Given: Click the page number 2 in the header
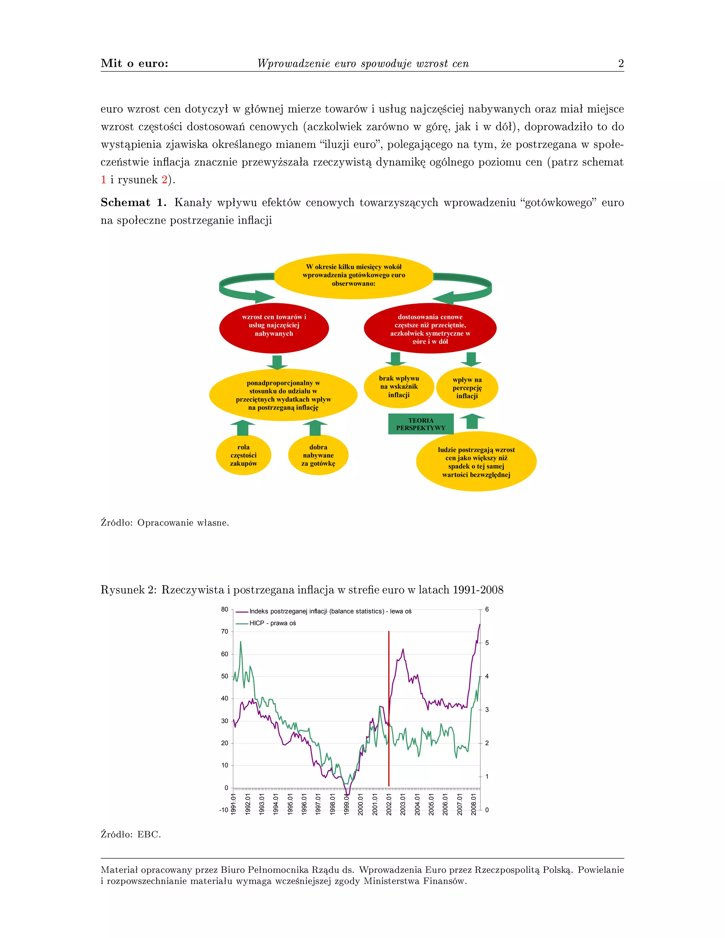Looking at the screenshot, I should [x=621, y=64].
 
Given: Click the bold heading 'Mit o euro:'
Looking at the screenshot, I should [x=135, y=64].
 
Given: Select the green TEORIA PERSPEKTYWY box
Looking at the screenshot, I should [x=421, y=424].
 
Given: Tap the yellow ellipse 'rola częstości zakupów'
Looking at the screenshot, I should [x=243, y=455].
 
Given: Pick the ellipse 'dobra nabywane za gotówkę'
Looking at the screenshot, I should [x=318, y=455].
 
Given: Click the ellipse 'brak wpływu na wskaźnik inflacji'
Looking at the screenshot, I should [x=399, y=387].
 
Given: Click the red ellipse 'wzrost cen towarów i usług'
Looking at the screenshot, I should [x=274, y=328].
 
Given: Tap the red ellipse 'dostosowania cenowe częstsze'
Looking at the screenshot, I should [x=430, y=328].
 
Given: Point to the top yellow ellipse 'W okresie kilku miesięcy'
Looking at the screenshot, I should [x=354, y=275].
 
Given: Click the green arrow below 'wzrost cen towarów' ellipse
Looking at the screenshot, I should [x=277, y=362].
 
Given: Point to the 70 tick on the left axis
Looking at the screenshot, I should [x=225, y=632].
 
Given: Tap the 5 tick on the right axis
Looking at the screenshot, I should [x=487, y=643].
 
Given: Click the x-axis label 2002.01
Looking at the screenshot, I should [x=388, y=803].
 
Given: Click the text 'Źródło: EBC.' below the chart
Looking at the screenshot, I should [x=131, y=834].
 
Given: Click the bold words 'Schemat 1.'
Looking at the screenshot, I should [x=133, y=203].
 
